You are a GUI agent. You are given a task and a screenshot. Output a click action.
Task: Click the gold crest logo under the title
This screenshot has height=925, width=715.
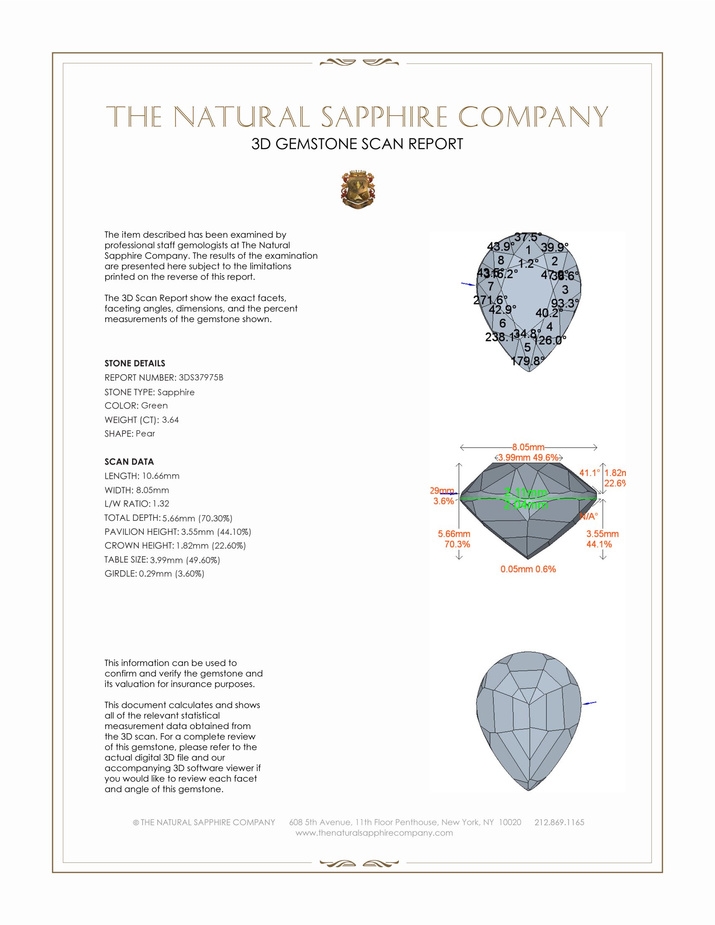point(357,190)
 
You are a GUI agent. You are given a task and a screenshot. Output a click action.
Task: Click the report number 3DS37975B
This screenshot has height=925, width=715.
point(201,378)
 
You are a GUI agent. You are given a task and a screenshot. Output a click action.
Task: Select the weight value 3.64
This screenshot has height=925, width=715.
point(170,420)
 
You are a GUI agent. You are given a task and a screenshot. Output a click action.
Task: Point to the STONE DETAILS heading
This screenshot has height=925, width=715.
point(135,363)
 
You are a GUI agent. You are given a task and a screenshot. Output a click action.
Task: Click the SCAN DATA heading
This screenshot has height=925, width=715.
point(129,462)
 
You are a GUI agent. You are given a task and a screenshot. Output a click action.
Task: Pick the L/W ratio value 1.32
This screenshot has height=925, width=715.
point(161,504)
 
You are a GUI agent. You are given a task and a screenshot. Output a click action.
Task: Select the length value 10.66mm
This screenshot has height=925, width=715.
point(161,476)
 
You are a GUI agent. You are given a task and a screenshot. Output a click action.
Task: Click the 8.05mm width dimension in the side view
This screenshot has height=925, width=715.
point(528,447)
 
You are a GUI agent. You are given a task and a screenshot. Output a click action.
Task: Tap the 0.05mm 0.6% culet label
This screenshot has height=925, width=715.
point(528,569)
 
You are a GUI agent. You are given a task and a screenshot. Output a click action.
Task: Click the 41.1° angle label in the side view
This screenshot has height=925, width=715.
point(589,473)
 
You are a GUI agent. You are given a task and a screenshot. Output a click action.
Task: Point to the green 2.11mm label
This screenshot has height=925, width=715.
point(526,493)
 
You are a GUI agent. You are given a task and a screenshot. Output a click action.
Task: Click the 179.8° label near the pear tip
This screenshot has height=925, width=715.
point(527,361)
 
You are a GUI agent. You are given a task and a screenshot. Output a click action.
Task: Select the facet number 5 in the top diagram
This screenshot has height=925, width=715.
point(527,347)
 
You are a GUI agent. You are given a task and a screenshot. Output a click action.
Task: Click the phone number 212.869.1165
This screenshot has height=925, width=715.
point(559,822)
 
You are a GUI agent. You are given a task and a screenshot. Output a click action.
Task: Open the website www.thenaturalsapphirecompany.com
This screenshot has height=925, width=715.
point(374,832)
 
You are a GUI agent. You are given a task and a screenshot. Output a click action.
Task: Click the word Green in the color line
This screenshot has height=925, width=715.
point(154,405)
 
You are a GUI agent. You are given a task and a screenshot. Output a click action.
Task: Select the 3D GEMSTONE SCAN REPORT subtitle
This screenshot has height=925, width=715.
point(357,144)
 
